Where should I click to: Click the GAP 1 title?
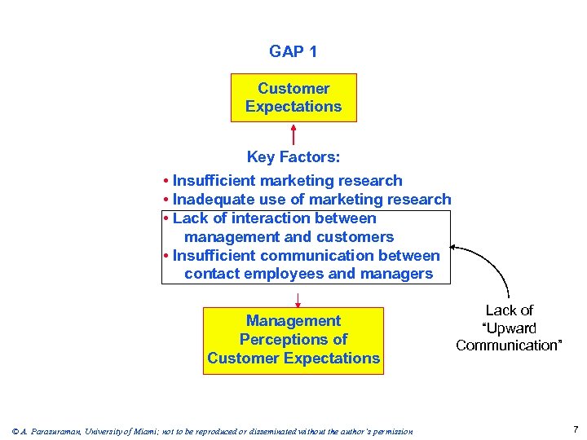[x=293, y=51]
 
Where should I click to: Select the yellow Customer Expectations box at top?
[x=293, y=98]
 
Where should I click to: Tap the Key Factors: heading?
[x=293, y=157]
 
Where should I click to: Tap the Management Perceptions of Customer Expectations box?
[x=293, y=340]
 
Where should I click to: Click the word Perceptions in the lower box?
[x=293, y=339]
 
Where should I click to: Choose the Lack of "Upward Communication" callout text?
[x=509, y=328]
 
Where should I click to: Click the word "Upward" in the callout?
[x=509, y=328]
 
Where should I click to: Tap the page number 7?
[x=576, y=429]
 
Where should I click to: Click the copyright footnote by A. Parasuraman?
[x=212, y=431]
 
